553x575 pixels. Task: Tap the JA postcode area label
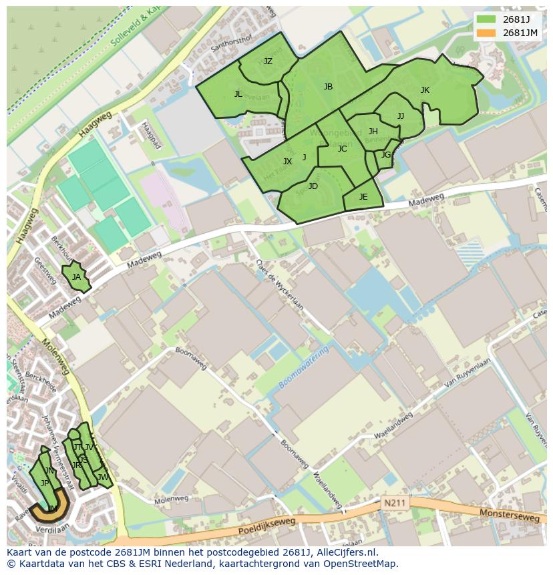point(76,277)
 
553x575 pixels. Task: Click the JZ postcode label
point(268,61)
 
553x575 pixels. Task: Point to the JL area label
point(238,94)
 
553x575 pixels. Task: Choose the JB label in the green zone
point(328,87)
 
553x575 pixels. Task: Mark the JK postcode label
point(425,90)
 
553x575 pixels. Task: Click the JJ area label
point(401,116)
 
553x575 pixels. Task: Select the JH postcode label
point(373,132)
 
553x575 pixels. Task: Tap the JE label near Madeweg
point(363,197)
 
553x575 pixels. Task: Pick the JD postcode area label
point(313,186)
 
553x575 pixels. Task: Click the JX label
point(287,162)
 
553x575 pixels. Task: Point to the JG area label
point(386,155)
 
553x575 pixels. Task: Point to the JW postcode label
point(103,477)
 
